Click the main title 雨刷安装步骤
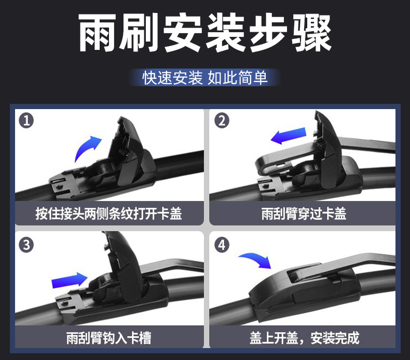205,33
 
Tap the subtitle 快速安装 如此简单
205,78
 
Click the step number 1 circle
26,121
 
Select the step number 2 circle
222,121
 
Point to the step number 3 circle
26,245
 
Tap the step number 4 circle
222,245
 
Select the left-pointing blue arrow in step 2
289,136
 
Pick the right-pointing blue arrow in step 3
70,281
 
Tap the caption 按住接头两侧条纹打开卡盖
109,214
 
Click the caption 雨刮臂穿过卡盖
304,214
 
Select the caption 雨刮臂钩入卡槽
109,338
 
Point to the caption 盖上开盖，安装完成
304,338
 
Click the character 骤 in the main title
311,33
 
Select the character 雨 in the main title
98,33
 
